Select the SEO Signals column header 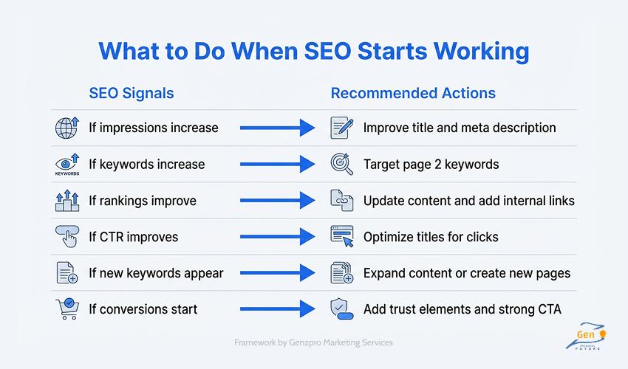132,94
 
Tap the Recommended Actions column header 413,94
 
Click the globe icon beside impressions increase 67,127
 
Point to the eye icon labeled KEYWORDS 67,163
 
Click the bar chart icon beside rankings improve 67,200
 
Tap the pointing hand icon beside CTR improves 67,236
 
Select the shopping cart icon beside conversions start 67,308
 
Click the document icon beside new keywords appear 67,272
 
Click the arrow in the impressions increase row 278,128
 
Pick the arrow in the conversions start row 278,309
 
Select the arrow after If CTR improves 278,237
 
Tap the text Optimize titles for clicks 431,237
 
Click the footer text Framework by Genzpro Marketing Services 313,342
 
